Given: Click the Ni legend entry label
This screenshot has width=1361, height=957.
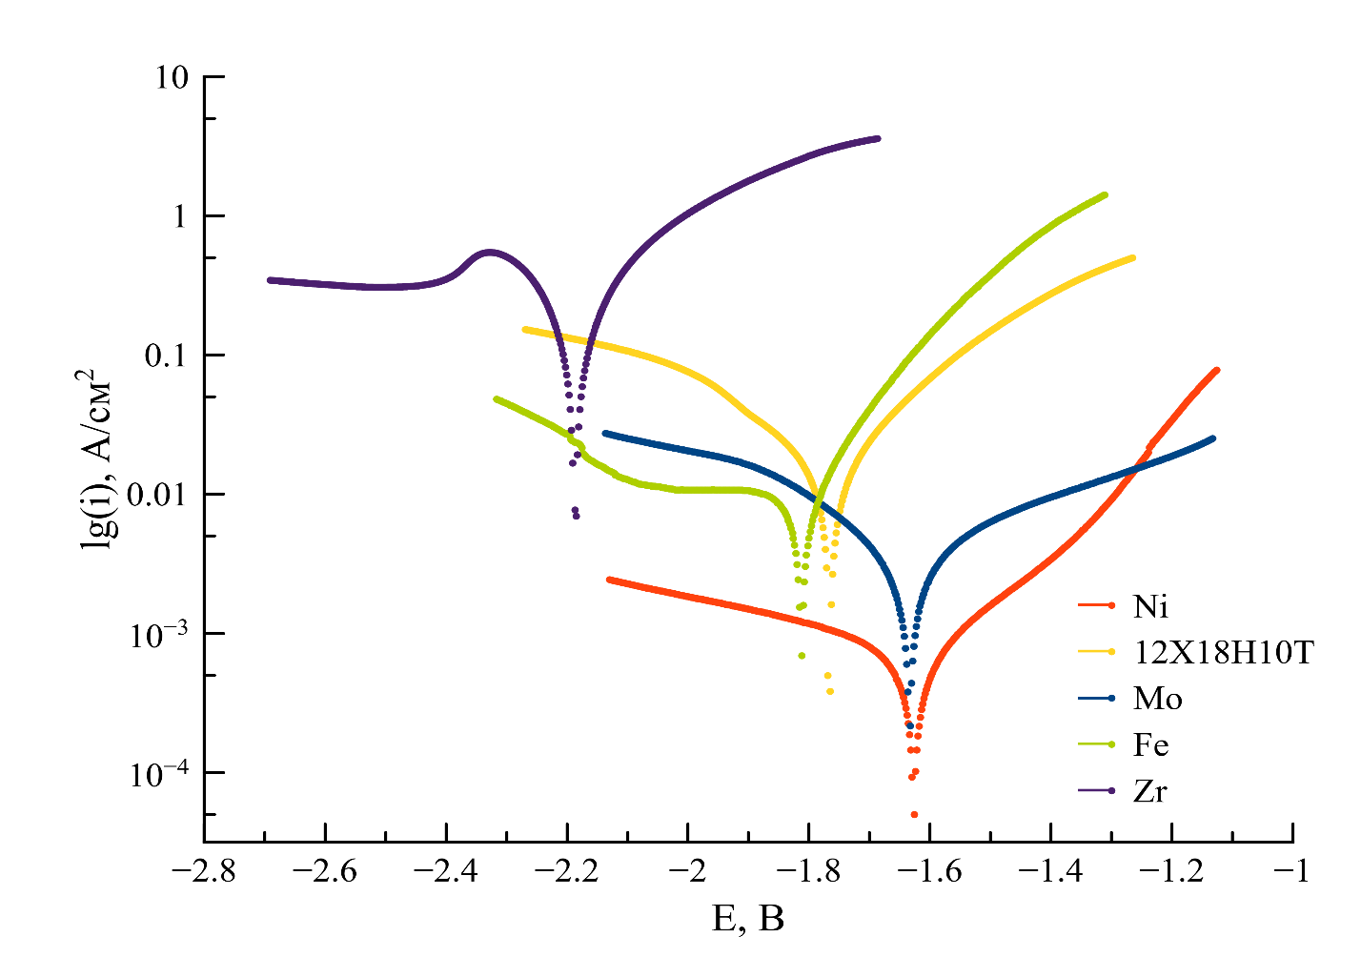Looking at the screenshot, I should tap(1151, 606).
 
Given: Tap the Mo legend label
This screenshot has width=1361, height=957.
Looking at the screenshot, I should tap(1158, 699).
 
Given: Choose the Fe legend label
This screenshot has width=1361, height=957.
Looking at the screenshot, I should tap(1151, 744).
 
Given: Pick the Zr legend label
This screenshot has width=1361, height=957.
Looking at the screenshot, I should tap(1150, 791).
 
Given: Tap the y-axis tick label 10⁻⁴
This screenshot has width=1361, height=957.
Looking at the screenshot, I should tap(153, 771).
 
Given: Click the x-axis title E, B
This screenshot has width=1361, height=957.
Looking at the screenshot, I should tap(748, 919).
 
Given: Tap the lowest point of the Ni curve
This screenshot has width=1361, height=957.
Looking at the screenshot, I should tap(914, 814).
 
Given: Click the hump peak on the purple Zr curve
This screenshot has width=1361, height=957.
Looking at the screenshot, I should tap(489, 253).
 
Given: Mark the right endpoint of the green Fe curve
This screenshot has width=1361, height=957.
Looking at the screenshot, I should tap(1105, 195).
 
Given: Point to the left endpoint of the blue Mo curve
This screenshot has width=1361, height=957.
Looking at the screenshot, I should tap(605, 433).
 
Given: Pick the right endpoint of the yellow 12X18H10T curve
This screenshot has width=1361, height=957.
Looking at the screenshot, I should tap(1132, 257).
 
